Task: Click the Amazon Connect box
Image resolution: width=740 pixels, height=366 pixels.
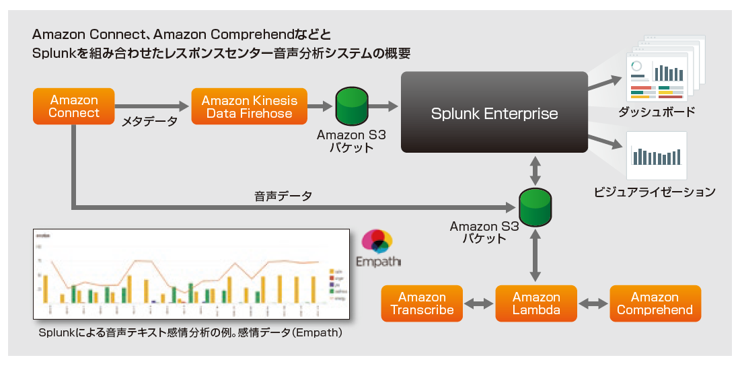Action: click(74, 107)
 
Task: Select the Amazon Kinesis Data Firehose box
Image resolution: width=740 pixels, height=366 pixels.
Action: click(249, 107)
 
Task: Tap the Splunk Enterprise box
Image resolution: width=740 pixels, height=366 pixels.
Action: click(494, 112)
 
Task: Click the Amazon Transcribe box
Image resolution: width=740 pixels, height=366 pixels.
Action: click(422, 303)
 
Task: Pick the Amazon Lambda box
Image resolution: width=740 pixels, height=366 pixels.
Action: click(536, 303)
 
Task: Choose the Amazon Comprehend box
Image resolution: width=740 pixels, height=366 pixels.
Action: click(655, 303)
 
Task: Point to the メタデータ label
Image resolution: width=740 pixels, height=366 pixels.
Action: click(149, 122)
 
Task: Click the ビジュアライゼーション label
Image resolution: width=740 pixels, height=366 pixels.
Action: click(655, 192)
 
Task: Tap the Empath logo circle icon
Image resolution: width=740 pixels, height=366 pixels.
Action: click(377, 241)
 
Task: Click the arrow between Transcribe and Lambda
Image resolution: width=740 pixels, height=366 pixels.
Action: click(479, 304)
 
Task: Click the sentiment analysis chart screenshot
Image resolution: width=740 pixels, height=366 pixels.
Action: click(191, 274)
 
